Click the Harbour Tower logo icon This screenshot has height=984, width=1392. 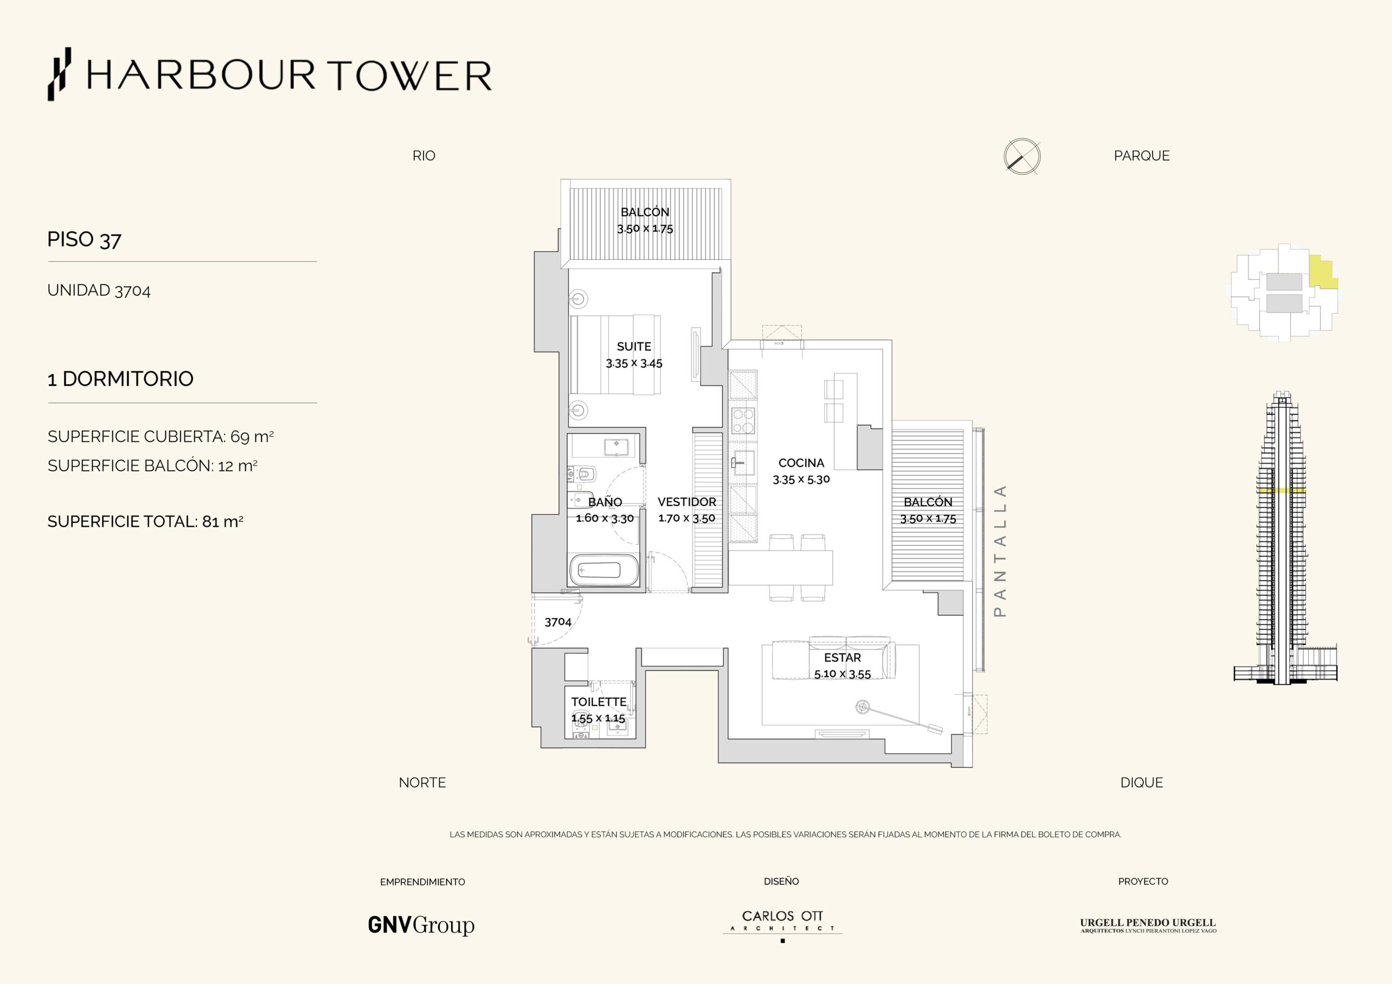(59, 74)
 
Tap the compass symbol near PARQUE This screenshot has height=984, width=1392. (1022, 157)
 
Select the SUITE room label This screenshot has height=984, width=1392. (634, 347)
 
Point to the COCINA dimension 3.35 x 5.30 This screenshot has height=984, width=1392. (801, 479)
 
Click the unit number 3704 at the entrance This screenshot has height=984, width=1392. (558, 622)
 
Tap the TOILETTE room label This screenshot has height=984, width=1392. (598, 701)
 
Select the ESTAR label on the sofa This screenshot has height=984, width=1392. (842, 658)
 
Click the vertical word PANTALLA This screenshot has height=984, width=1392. (1000, 551)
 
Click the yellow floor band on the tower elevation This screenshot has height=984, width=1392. (1281, 490)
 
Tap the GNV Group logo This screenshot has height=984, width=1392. (421, 925)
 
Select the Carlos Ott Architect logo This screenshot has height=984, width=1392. (782, 925)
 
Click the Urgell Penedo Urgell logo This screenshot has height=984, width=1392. (1148, 926)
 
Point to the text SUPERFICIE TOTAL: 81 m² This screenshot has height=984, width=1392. (146, 521)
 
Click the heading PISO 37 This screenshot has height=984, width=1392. (84, 240)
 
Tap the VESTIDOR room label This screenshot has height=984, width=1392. (687, 502)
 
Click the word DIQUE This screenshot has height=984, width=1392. (1142, 783)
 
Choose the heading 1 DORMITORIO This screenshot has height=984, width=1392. (121, 379)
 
